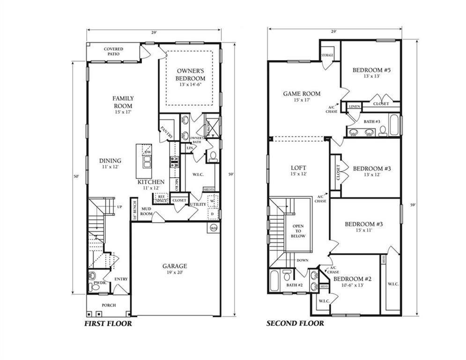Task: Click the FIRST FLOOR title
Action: coord(108,323)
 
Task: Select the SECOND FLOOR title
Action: coord(295,323)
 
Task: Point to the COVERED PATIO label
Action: coord(113,51)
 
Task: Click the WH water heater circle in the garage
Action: coord(214,229)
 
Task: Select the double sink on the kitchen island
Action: coord(148,162)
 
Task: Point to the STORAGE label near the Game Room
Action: coord(327,55)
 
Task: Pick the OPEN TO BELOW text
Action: coord(298,231)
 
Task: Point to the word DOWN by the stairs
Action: coord(303,261)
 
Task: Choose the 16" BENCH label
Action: coord(133,209)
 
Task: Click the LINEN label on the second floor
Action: coord(355,107)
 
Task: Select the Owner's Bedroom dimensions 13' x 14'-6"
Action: coord(190,85)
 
